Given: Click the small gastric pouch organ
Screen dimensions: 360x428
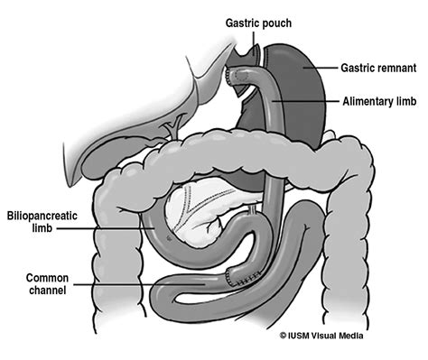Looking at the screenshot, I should [x=242, y=72].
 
